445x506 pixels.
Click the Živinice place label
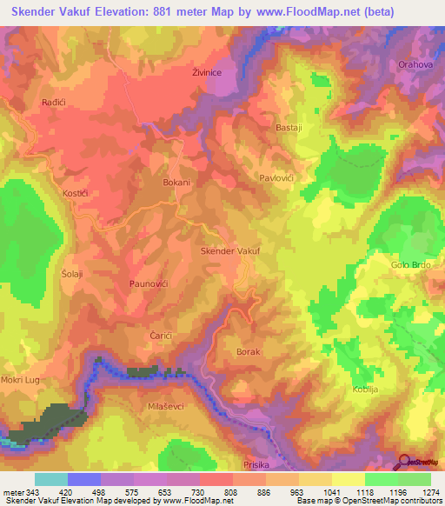[x=207, y=75]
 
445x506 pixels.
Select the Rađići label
[x=56, y=103]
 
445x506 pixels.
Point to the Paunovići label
[x=148, y=284]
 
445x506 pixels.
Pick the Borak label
[x=249, y=351]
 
